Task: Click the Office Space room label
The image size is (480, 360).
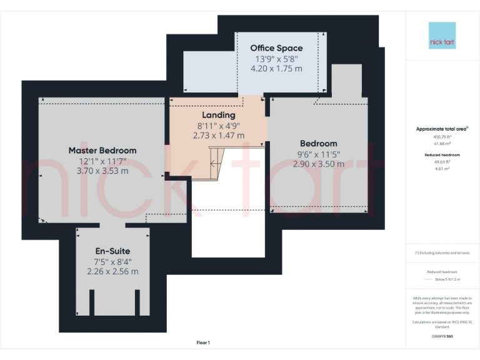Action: click(x=276, y=48)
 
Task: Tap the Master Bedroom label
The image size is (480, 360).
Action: click(x=102, y=151)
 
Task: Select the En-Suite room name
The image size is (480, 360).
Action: click(x=112, y=251)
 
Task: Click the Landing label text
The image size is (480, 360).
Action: click(x=219, y=115)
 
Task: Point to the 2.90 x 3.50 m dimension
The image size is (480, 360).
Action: click(x=318, y=164)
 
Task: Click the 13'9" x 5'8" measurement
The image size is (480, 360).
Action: click(x=276, y=59)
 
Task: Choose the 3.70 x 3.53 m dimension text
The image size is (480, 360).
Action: click(x=102, y=171)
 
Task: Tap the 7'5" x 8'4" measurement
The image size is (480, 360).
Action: click(x=112, y=262)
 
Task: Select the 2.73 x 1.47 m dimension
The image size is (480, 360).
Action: click(x=219, y=135)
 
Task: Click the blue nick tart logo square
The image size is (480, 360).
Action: click(x=442, y=36)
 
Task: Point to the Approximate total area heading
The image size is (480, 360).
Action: click(x=442, y=129)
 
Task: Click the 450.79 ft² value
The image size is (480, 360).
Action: click(x=442, y=136)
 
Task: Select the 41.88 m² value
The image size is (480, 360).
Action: click(x=442, y=143)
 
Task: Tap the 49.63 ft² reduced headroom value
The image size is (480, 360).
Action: click(x=442, y=161)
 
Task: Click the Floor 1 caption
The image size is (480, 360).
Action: click(x=203, y=342)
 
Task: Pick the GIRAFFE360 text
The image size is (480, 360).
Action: click(x=442, y=336)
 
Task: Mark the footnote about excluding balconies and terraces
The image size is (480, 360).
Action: click(x=442, y=253)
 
